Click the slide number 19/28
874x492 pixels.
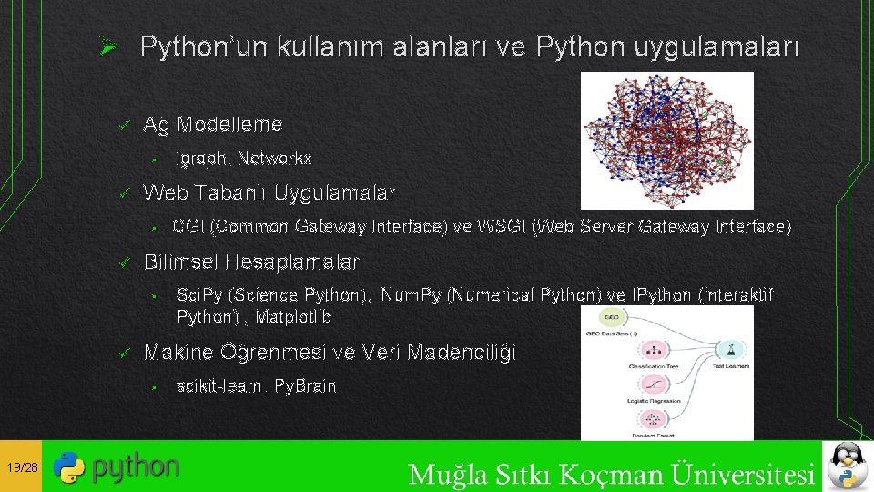click(x=21, y=467)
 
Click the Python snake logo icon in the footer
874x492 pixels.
click(x=69, y=466)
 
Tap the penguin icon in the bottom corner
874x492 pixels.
click(x=847, y=466)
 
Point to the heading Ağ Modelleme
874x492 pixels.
click(x=213, y=124)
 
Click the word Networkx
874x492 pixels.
click(x=276, y=159)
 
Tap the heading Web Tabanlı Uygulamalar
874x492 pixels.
click(x=269, y=193)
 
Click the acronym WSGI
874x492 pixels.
click(x=500, y=227)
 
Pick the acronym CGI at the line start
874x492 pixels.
click(x=189, y=227)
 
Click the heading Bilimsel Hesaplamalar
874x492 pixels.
click(x=251, y=262)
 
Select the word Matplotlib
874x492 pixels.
click(x=293, y=317)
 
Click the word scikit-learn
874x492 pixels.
click(x=215, y=386)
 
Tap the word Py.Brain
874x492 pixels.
click(x=303, y=386)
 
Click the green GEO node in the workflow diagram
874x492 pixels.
click(x=611, y=317)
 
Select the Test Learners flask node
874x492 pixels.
click(x=731, y=350)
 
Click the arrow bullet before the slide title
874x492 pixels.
click(x=107, y=46)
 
